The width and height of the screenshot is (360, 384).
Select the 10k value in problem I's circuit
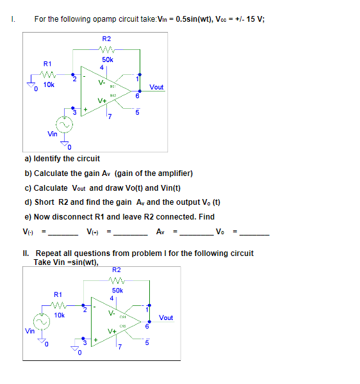tap(49, 84)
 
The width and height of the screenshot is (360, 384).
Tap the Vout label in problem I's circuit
tap(156, 86)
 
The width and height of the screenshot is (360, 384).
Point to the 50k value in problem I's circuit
tap(107, 60)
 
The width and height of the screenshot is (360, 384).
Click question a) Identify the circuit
tap(62, 159)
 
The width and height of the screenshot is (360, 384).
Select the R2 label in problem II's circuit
tap(117, 269)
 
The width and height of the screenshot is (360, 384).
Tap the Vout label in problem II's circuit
tap(166, 317)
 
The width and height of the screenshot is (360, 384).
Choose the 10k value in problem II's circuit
tap(59, 315)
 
